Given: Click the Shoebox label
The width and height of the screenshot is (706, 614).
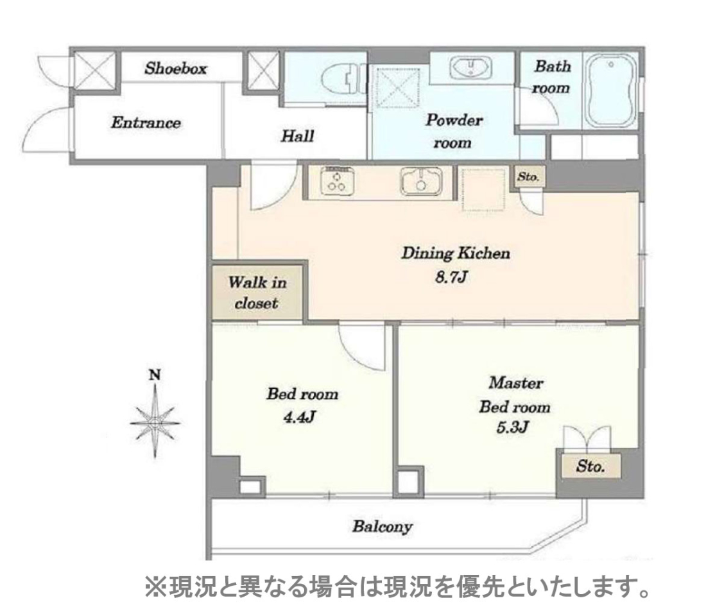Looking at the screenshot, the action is coord(176,69).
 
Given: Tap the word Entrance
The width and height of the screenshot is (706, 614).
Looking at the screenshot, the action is coord(146,123).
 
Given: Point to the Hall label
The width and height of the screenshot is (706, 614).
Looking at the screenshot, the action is coord(297,136).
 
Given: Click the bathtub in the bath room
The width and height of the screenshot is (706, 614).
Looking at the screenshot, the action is coord(610,92).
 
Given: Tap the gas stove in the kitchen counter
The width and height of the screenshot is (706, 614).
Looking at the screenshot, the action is coord(337,180).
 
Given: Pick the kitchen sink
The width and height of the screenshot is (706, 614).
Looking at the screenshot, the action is coord(421,181).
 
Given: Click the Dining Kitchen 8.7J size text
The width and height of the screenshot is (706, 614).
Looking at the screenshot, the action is coord(452,277).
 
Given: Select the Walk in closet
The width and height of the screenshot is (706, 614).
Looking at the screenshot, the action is coord(257,293).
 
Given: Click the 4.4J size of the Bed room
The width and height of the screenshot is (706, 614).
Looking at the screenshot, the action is coord(299,417).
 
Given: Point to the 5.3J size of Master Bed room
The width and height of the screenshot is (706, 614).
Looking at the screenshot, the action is coord(512,427).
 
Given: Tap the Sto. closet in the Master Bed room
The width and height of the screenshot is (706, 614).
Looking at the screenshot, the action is coord(590,466).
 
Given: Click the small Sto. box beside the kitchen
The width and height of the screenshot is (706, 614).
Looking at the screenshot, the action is coord(528,176).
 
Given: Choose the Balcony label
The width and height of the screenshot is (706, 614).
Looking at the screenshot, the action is coord(383,527).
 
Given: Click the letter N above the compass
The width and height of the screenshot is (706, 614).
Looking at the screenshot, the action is coord(155,375).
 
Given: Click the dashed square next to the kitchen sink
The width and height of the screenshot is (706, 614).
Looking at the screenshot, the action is coord(484,189).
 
